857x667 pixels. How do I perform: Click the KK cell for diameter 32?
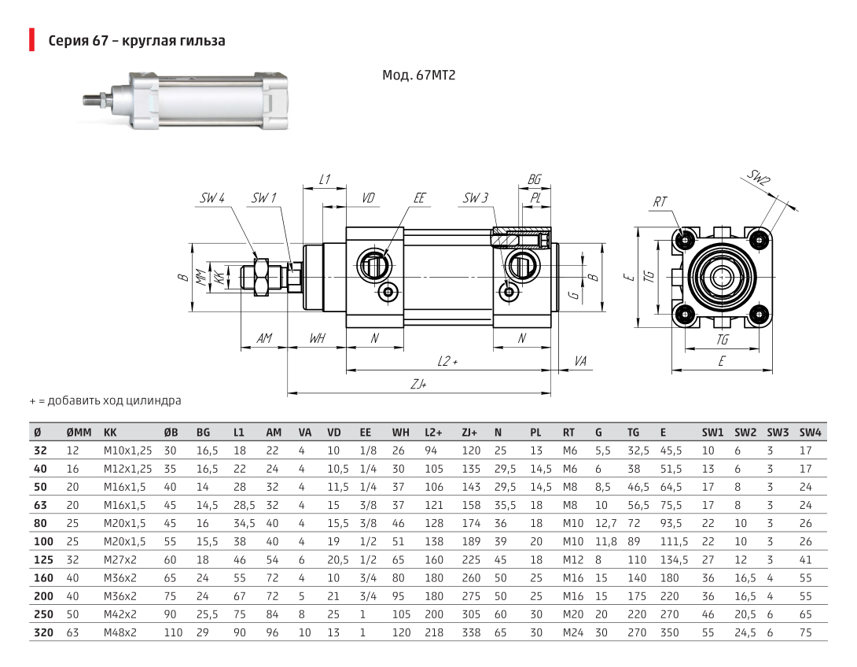(127, 451)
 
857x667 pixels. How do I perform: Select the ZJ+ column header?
(469, 433)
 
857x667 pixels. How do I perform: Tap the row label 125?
(44, 560)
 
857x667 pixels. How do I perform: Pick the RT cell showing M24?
(573, 632)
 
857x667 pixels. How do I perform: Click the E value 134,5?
(674, 560)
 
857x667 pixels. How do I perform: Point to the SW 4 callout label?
(212, 198)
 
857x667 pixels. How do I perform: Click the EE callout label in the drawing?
(419, 198)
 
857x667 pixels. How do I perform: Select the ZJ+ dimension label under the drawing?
(418, 385)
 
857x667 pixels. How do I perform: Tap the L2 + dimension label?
(447, 361)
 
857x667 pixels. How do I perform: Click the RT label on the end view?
(660, 201)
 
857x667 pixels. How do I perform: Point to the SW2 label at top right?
(760, 178)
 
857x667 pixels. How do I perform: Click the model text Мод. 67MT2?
(418, 75)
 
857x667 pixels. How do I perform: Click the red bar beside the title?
(32, 40)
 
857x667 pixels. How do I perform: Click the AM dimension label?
(264, 338)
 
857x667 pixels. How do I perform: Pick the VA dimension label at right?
(580, 361)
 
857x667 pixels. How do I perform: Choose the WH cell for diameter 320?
(401, 632)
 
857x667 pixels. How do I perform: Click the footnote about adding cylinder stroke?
(105, 400)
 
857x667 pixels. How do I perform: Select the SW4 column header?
(810, 433)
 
